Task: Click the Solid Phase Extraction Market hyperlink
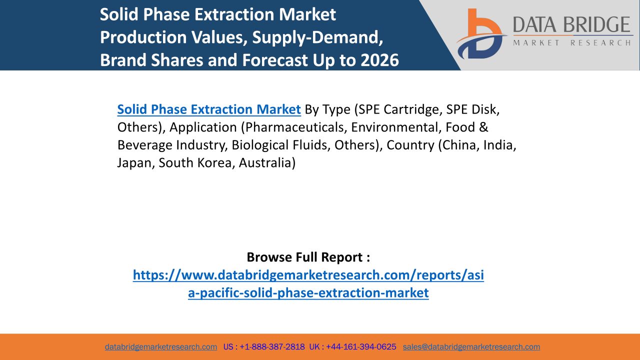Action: pos(209,109)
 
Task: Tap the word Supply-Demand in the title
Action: pos(317,37)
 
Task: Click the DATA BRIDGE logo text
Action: pos(571,24)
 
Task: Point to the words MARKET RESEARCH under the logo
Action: pos(571,43)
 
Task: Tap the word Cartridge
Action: pos(413,109)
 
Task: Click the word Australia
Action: pos(267,163)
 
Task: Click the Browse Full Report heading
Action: pos(308,257)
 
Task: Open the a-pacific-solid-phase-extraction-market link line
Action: pos(308,293)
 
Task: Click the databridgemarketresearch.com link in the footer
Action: pos(161,347)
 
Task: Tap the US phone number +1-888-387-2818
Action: pos(272,347)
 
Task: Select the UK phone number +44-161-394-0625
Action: pos(361,347)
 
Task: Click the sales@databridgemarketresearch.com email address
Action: pos(471,347)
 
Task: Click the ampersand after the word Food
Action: pos(483,127)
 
